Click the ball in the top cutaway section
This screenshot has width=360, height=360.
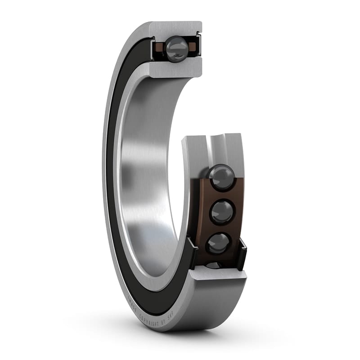tap(176, 48)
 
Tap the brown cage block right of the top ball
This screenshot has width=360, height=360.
tap(192, 46)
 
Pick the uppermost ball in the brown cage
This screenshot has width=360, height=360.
tap(221, 177)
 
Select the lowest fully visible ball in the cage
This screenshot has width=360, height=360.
tap(219, 243)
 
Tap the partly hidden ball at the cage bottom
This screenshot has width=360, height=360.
tap(215, 265)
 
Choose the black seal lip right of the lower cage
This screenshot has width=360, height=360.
tap(242, 254)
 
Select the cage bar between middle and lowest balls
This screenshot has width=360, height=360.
tap(220, 227)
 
